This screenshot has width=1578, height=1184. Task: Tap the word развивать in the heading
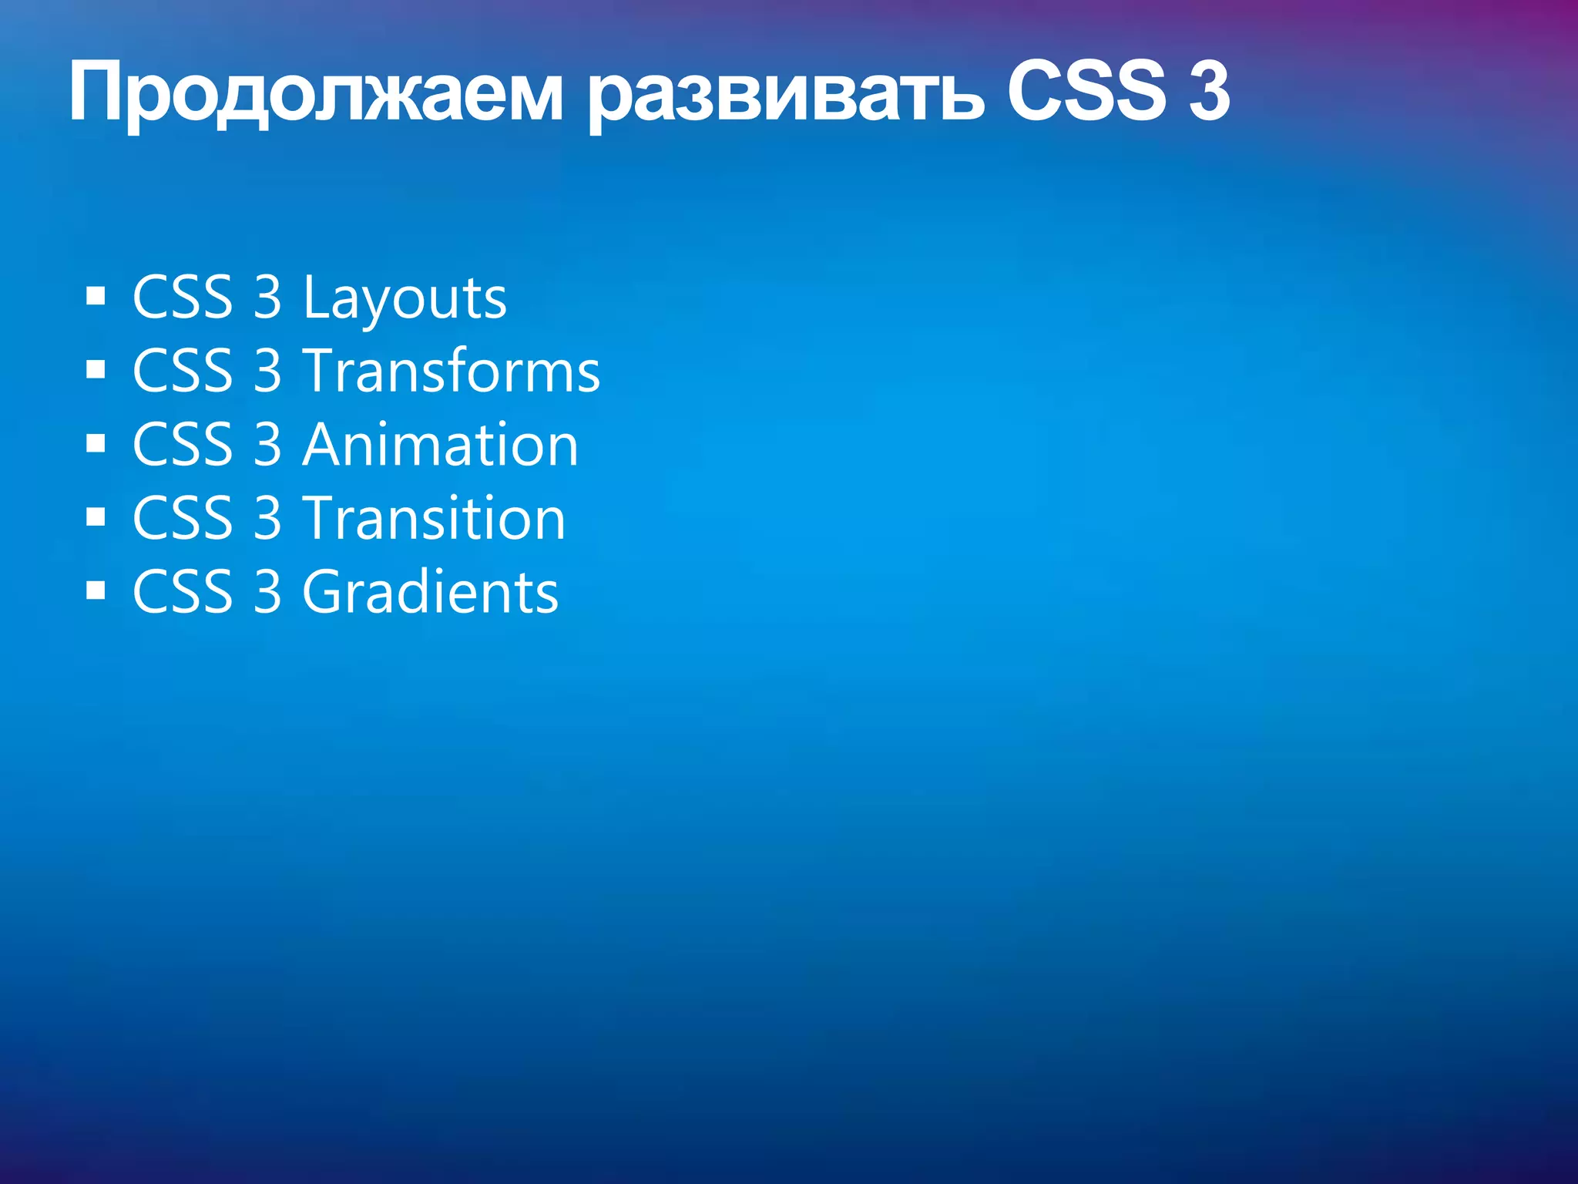pyautogui.click(x=786, y=96)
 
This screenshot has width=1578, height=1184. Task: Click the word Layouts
pyautogui.click(x=405, y=298)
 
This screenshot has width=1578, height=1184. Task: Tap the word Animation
pyautogui.click(x=440, y=445)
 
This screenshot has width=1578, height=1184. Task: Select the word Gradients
pyautogui.click(x=430, y=592)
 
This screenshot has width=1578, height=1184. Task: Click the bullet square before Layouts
pyautogui.click(x=96, y=297)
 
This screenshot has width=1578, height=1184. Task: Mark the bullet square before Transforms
pyautogui.click(x=96, y=370)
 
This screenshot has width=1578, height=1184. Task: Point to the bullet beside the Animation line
pyautogui.click(x=96, y=444)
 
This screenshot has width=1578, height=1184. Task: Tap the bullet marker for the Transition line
pyautogui.click(x=96, y=517)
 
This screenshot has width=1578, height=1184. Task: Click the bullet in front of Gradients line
pyautogui.click(x=96, y=591)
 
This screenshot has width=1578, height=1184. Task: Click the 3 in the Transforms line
pyautogui.click(x=267, y=371)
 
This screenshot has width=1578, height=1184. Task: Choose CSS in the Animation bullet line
pyautogui.click(x=183, y=445)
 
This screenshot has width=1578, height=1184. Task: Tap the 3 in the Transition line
pyautogui.click(x=267, y=518)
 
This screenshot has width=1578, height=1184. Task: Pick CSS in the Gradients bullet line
pyautogui.click(x=183, y=592)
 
